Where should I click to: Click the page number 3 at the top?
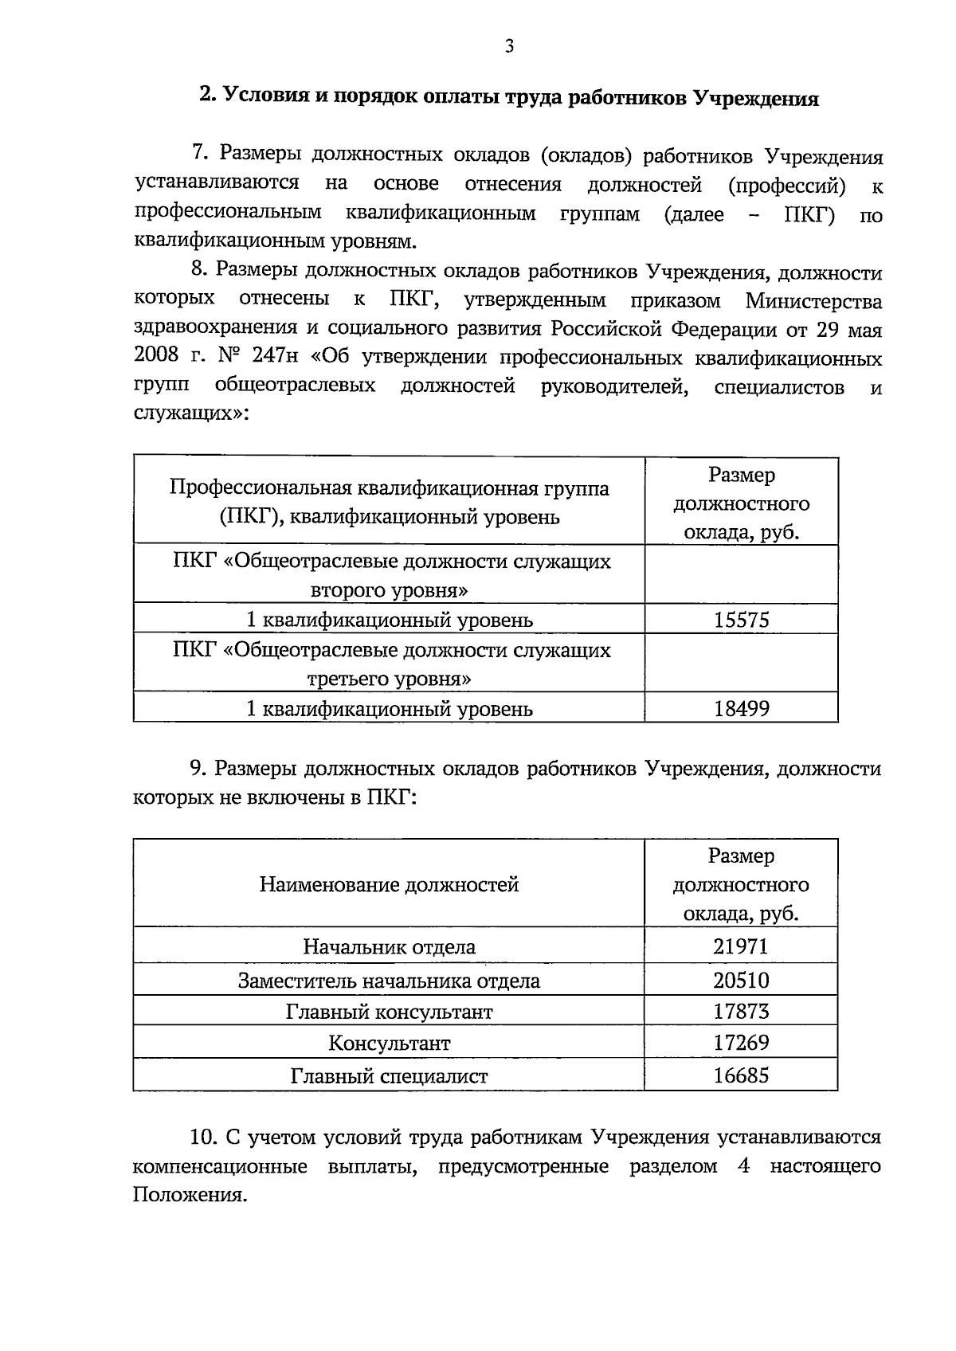[x=509, y=47]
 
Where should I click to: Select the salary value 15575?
[x=741, y=620]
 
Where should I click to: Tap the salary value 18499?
[x=741, y=708]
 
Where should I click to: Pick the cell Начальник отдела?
[x=389, y=947]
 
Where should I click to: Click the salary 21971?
[x=741, y=947]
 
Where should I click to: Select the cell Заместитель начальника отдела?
[x=389, y=981]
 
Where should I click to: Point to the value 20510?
[x=741, y=981]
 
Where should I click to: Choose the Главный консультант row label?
[x=389, y=1012]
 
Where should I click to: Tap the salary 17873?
[x=741, y=1012]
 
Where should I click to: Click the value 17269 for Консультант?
[x=741, y=1044]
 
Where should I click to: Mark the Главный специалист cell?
[x=389, y=1077]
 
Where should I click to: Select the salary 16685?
[x=741, y=1077]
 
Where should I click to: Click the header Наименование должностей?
[x=389, y=885]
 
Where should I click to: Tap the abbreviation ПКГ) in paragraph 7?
[x=808, y=214]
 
